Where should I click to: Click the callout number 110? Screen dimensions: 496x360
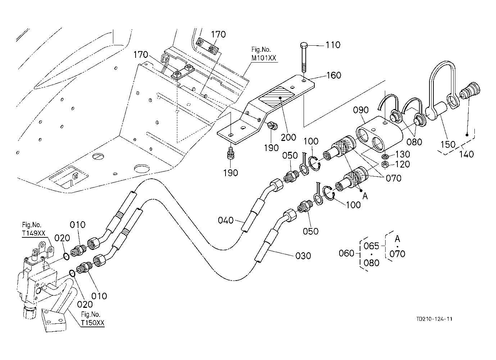pyautogui.click(x=333, y=45)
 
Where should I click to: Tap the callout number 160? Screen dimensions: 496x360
pyautogui.click(x=334, y=75)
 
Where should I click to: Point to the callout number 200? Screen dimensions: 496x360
pyautogui.click(x=288, y=137)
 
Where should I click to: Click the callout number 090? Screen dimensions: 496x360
pyautogui.click(x=360, y=110)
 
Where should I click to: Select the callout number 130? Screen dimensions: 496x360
pyautogui.click(x=402, y=154)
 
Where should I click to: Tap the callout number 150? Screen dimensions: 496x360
pyautogui.click(x=448, y=144)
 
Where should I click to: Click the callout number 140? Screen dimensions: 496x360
pyautogui.click(x=467, y=154)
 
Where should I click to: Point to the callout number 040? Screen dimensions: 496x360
pyautogui.click(x=226, y=220)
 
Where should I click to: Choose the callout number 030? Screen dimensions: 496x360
pyautogui.click(x=303, y=256)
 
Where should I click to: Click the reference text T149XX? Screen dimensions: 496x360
pyautogui.click(x=33, y=233)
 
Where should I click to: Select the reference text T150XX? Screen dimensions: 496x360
pyautogui.click(x=92, y=323)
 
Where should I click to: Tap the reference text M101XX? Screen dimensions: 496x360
pyautogui.click(x=264, y=58)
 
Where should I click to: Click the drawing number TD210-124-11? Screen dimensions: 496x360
pyautogui.click(x=434, y=319)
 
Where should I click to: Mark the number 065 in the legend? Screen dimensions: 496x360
pyautogui.click(x=371, y=246)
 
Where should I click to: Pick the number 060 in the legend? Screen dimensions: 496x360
pyautogui.click(x=346, y=253)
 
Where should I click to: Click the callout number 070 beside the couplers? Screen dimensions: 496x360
pyautogui.click(x=393, y=178)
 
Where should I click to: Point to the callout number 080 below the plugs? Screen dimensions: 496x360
pyautogui.click(x=414, y=142)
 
